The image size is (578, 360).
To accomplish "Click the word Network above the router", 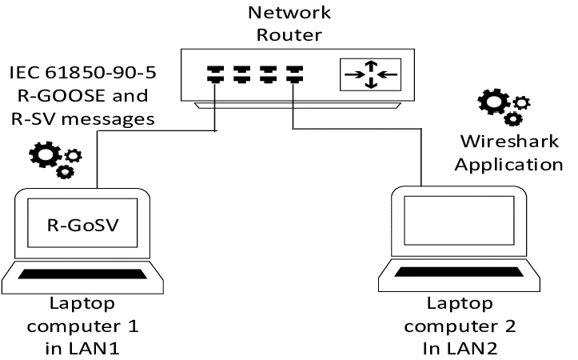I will (289, 12).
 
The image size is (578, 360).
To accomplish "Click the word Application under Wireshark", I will (512, 165).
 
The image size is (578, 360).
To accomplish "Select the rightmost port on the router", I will (295, 74).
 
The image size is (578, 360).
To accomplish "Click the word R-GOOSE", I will (66, 97).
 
